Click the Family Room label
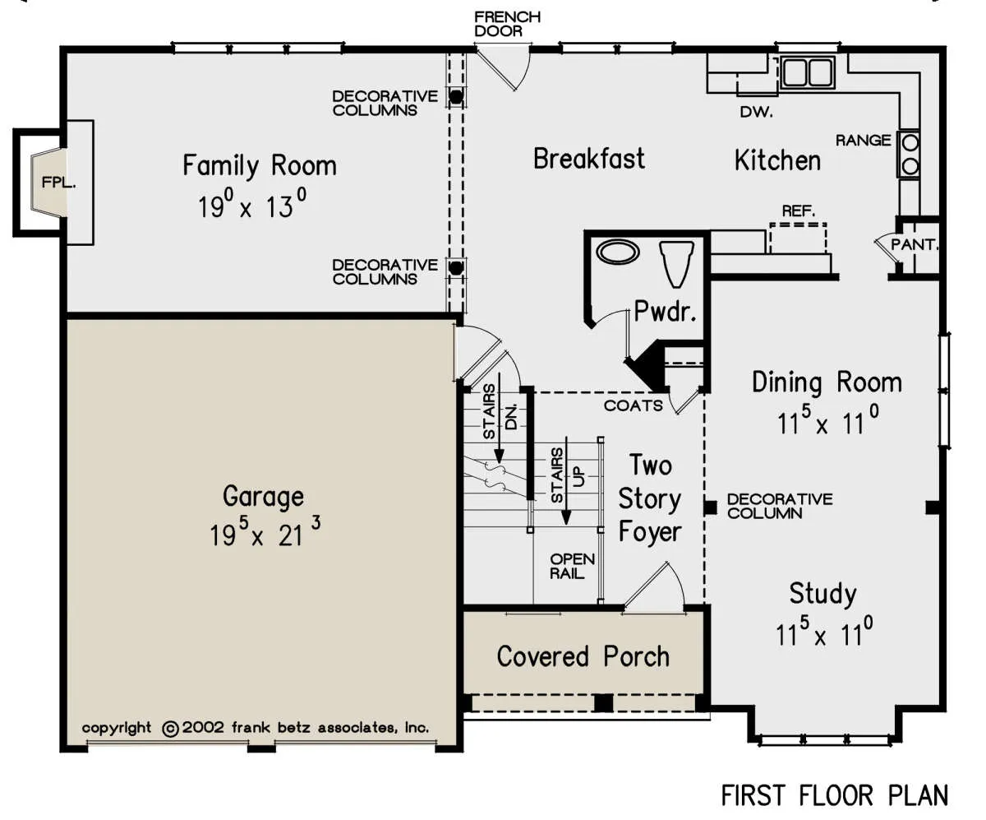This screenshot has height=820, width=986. [x=260, y=166]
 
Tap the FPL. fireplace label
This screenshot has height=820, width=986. [x=58, y=182]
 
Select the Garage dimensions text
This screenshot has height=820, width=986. [x=265, y=532]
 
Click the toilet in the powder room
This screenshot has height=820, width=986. [x=676, y=264]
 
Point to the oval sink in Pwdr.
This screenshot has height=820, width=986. [x=618, y=252]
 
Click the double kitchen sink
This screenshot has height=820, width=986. [x=807, y=72]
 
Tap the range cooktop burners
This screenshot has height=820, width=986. [x=910, y=154]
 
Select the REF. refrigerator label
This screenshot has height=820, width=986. [x=799, y=211]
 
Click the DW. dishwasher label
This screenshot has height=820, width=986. [x=756, y=112]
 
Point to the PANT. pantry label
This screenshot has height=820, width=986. [x=915, y=245]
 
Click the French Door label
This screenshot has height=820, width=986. [x=508, y=24]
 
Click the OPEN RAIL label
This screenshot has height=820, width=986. [x=573, y=566]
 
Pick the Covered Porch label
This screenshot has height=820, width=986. [x=583, y=656]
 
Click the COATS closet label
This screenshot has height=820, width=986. [x=634, y=405]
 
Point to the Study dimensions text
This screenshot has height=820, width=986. [x=824, y=631]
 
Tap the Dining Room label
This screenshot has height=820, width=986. [x=827, y=382]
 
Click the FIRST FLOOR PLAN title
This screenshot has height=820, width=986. [x=835, y=795]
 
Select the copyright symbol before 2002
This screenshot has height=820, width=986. [x=170, y=729]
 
